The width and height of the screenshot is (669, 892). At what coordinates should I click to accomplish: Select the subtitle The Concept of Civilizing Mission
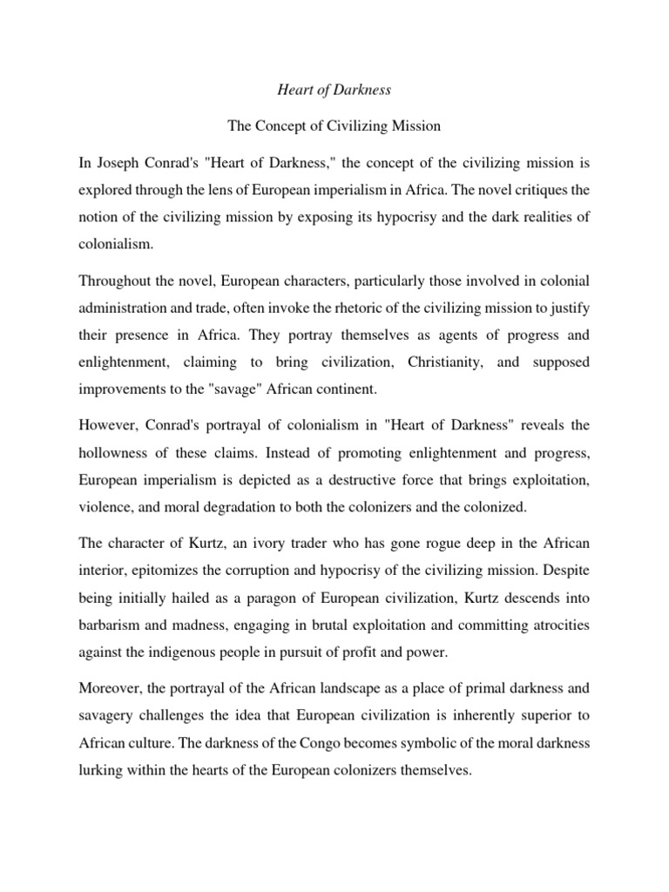pyautogui.click(x=334, y=126)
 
